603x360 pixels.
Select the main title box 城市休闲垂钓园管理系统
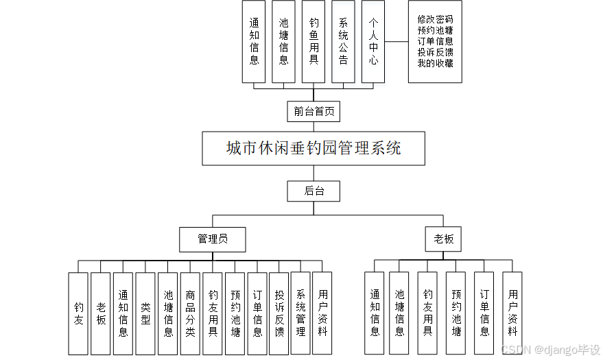pos(314,148)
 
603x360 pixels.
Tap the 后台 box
pos(314,191)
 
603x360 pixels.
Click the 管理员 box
pos(212,239)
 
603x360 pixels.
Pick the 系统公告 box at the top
pos(343,41)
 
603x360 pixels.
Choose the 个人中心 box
pos(373,41)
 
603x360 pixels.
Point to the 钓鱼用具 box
pos(314,41)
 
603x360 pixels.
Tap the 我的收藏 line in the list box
pos(435,63)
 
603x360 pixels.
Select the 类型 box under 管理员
pos(145,313)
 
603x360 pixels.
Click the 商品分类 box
pos(190,313)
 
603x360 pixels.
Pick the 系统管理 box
pos(300,313)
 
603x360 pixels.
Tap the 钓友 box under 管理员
pos(78,313)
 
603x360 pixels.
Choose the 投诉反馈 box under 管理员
pos(279,313)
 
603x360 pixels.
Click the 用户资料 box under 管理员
pos(322,313)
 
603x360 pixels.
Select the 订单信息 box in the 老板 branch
pos(484,313)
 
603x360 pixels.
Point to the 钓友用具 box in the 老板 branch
pos(427,313)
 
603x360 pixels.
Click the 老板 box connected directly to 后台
pos(443,239)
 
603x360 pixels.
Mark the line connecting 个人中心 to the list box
pos(396,41)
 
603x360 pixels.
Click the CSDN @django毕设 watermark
pos(551,350)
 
